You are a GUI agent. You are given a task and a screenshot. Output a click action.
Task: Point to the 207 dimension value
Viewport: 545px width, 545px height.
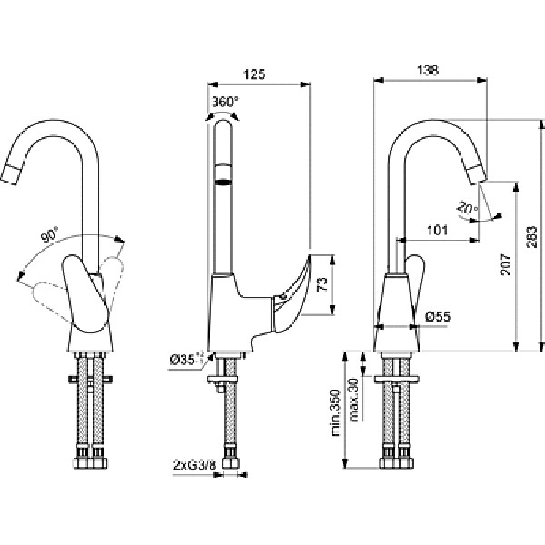(x=505, y=265)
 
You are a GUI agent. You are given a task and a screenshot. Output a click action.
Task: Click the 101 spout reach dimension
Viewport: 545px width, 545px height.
(x=438, y=230)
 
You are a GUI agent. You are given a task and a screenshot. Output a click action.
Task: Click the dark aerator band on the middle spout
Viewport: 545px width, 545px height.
(x=223, y=183)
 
